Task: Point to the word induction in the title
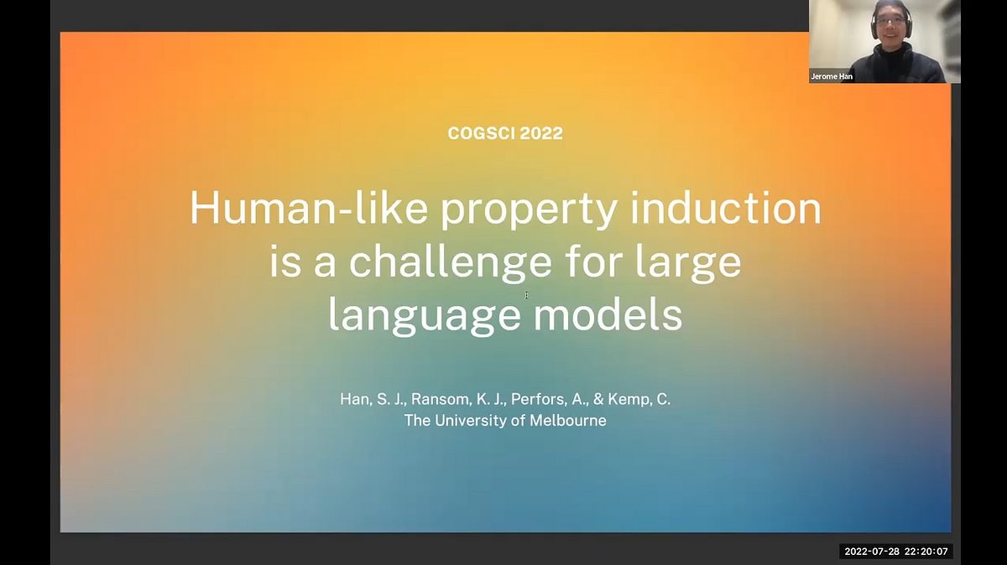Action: [727, 209]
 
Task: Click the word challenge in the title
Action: [451, 262]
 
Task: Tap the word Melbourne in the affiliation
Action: [568, 421]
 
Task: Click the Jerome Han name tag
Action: [832, 76]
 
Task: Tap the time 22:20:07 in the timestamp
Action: [926, 552]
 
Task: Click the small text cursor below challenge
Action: [526, 294]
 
